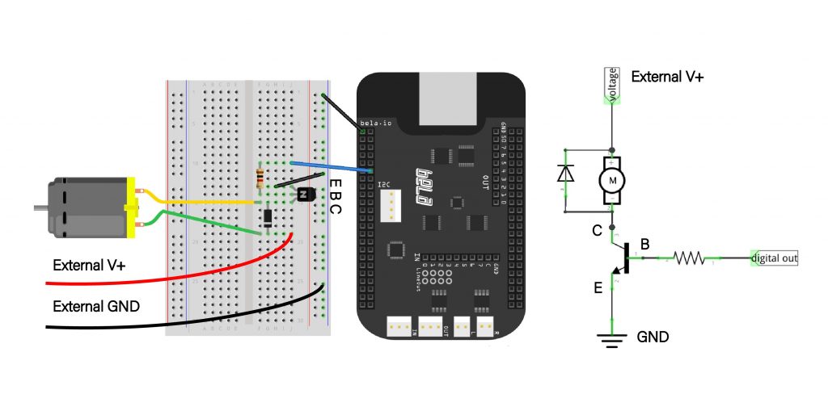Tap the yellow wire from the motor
[202, 202]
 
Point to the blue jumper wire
[332, 166]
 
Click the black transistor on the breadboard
[306, 194]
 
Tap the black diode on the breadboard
[267, 217]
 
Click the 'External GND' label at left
[96, 306]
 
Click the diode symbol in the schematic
[567, 173]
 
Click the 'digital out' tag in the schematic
[774, 258]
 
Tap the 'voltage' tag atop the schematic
[612, 84]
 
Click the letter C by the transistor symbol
[597, 231]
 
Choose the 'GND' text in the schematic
[653, 337]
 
